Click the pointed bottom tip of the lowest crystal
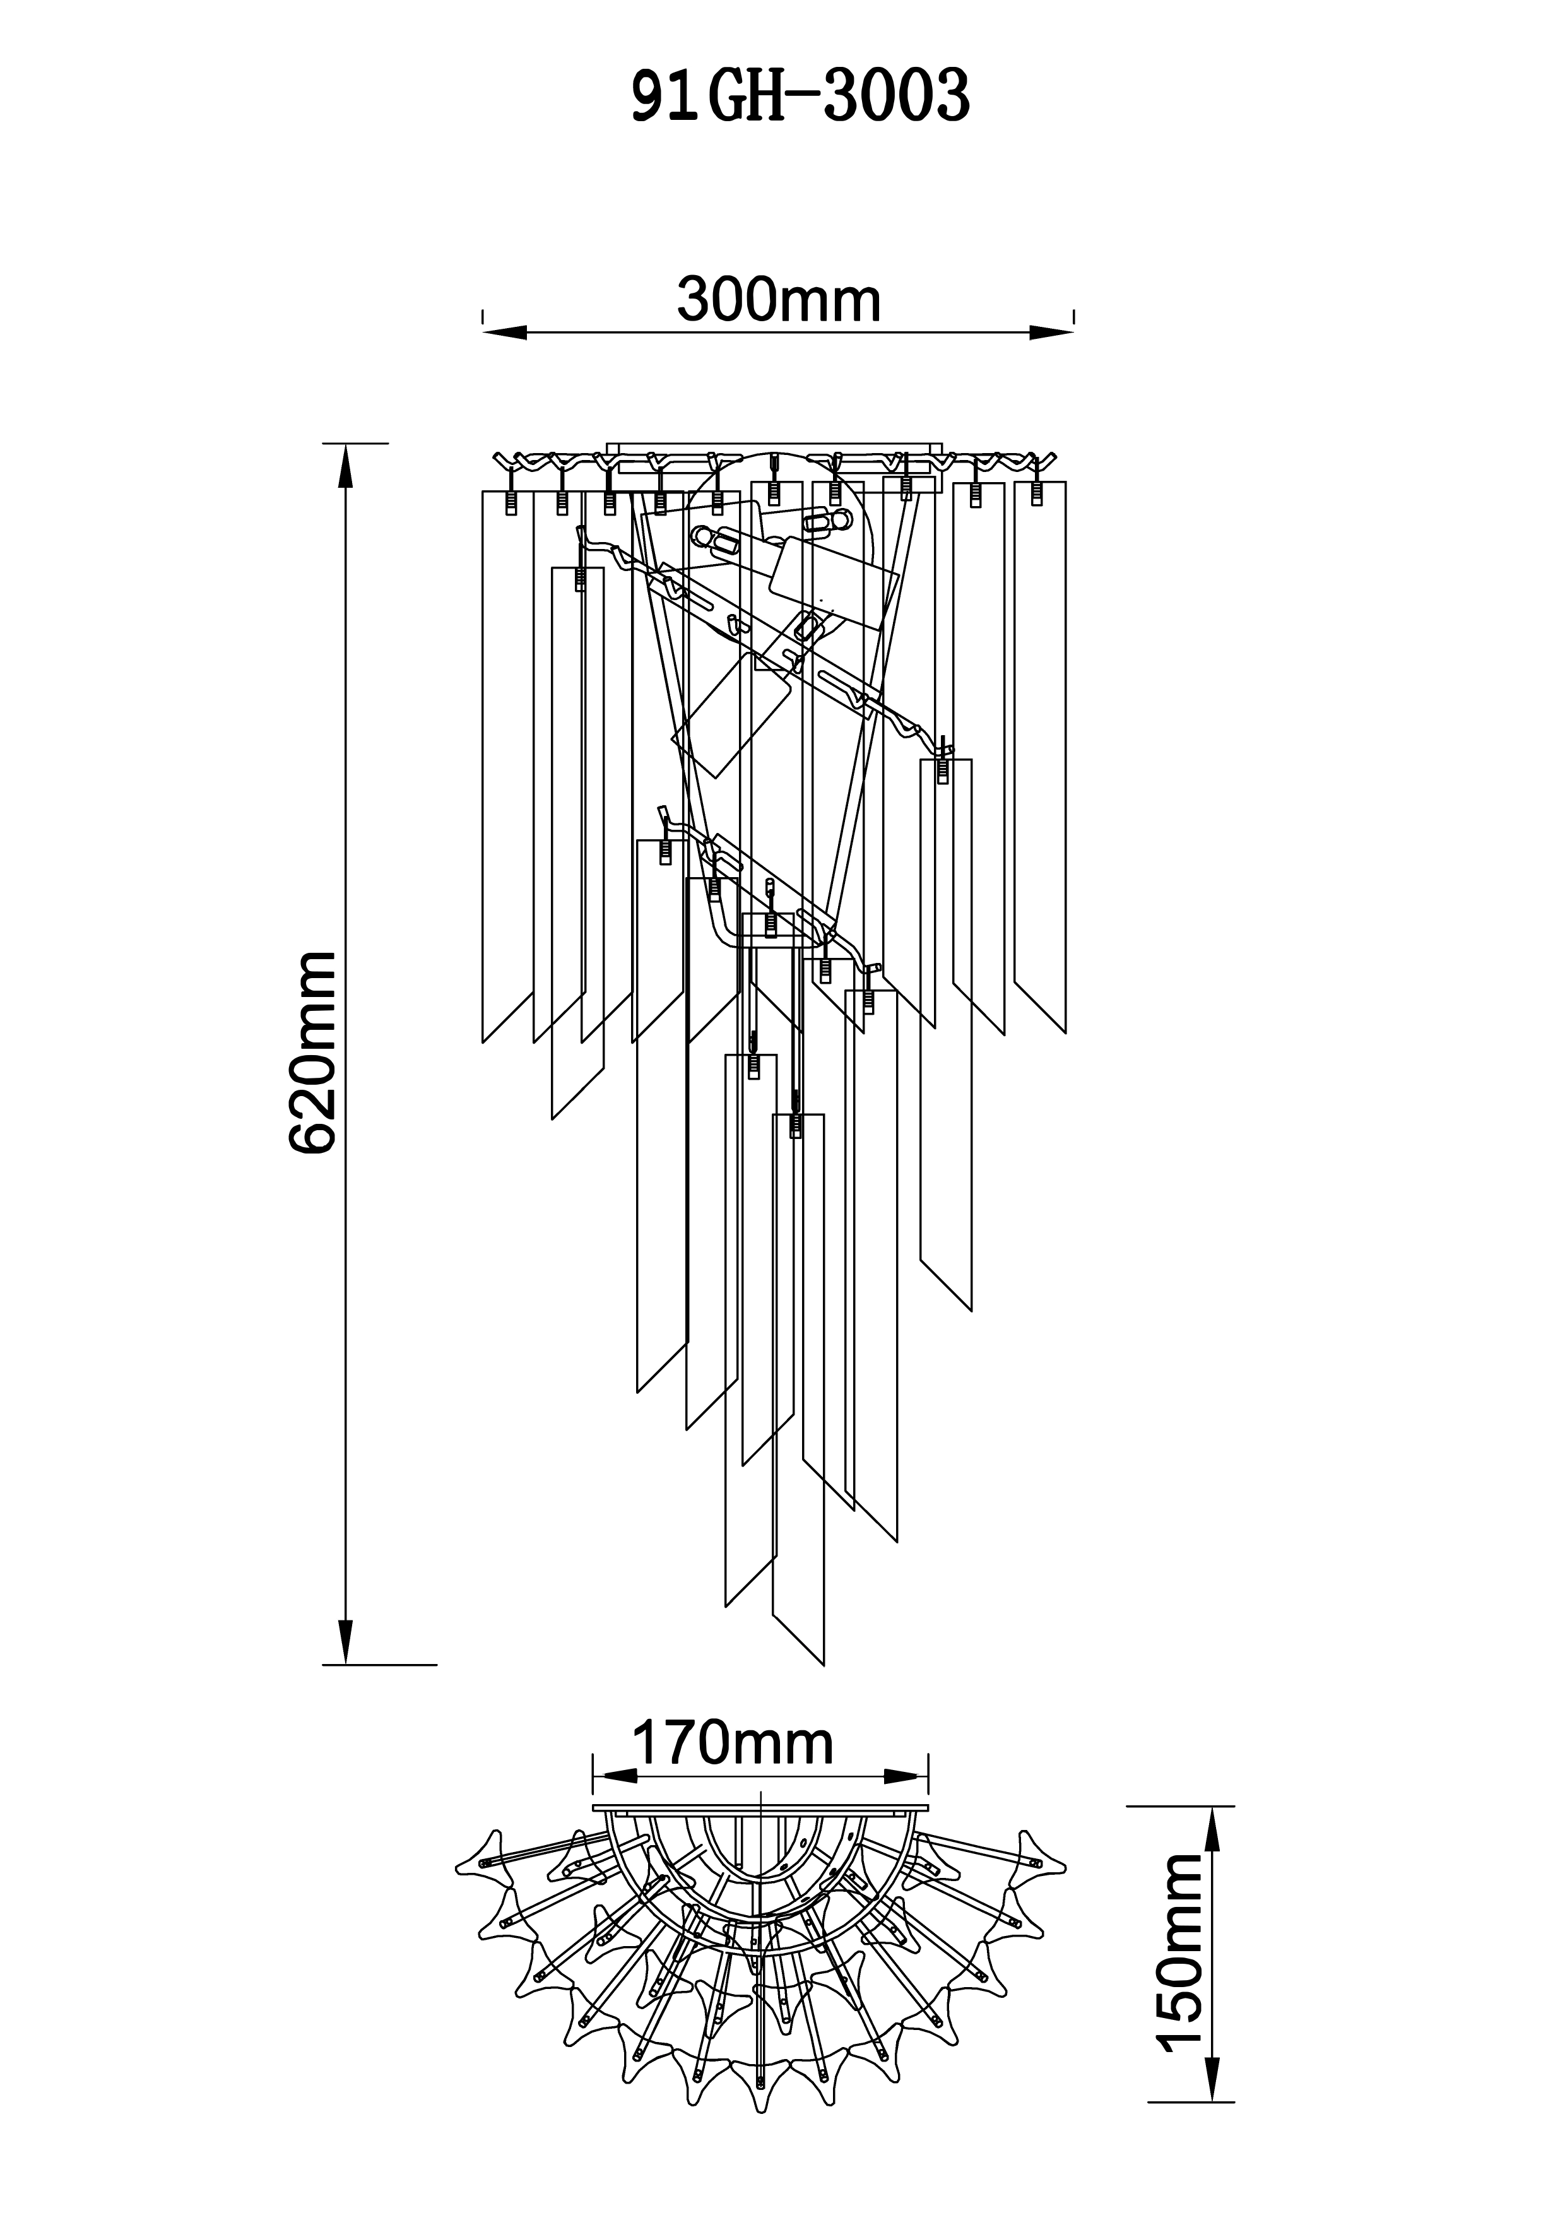coord(823,1663)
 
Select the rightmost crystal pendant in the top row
coord(1040,752)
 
